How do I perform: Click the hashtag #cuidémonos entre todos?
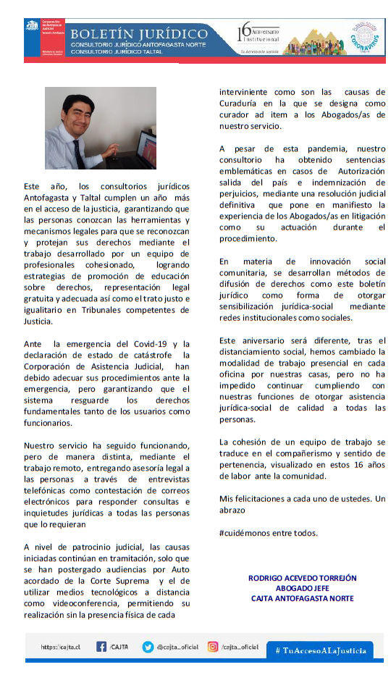[268, 532]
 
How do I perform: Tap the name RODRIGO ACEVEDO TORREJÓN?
[302, 578]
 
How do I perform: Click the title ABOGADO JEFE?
[302, 588]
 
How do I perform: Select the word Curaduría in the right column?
[243, 104]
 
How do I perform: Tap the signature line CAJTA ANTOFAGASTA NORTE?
[302, 598]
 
